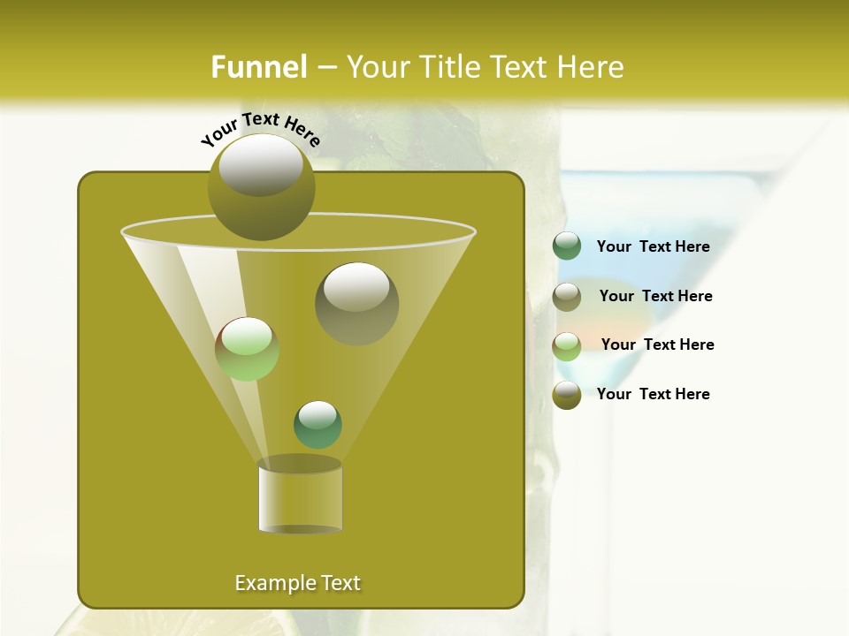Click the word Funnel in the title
point(258,67)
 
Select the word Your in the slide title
point(378,67)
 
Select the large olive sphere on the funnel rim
point(261,186)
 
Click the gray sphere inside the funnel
point(356,303)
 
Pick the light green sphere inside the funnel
point(247,349)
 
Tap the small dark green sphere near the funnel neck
point(317,424)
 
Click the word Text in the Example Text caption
point(340,583)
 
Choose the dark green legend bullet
point(567,246)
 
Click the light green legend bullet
point(567,345)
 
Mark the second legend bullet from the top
point(567,296)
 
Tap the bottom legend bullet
point(567,395)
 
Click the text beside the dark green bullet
point(653,247)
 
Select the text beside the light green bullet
point(657,344)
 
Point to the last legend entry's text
point(653,394)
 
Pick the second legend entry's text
point(655,296)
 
